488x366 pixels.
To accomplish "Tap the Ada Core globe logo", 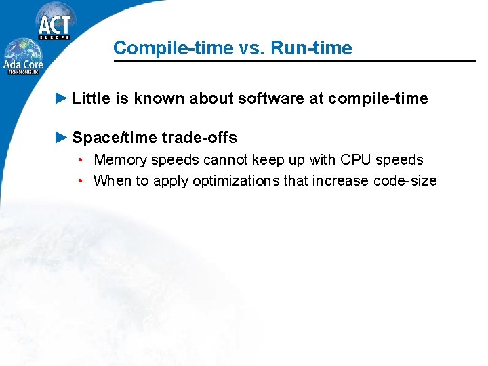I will tap(25, 56).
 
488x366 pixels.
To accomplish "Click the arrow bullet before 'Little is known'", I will tap(61, 98).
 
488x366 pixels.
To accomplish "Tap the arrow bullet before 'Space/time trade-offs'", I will tap(61, 138).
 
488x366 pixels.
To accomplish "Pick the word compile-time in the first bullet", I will tap(378, 99).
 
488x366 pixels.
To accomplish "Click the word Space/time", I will tap(115, 138).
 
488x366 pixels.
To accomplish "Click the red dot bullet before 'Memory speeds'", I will tap(80, 161).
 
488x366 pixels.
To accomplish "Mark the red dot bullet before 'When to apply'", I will tap(80, 181).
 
